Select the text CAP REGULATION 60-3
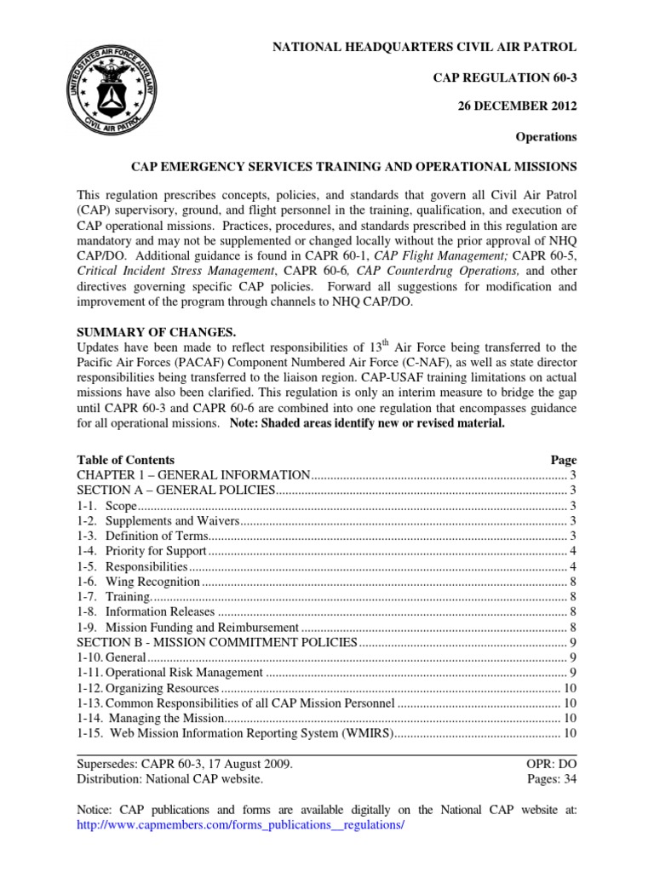tap(506, 77)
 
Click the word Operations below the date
tap(546, 136)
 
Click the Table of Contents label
tap(125, 459)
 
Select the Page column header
tap(563, 459)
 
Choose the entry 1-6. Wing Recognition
tap(139, 582)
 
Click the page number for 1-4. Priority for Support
tap(573, 551)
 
